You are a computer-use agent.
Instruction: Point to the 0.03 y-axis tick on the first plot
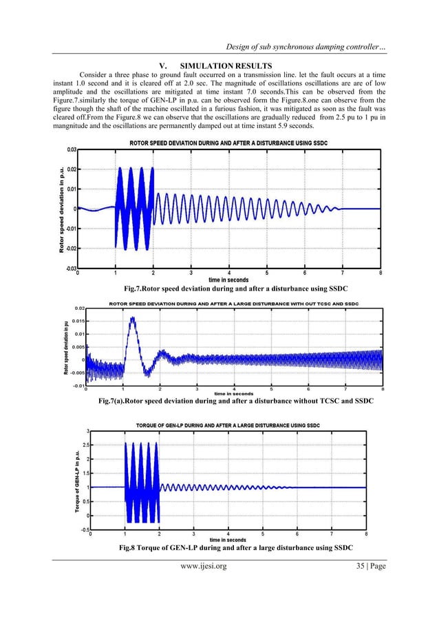point(71,149)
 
